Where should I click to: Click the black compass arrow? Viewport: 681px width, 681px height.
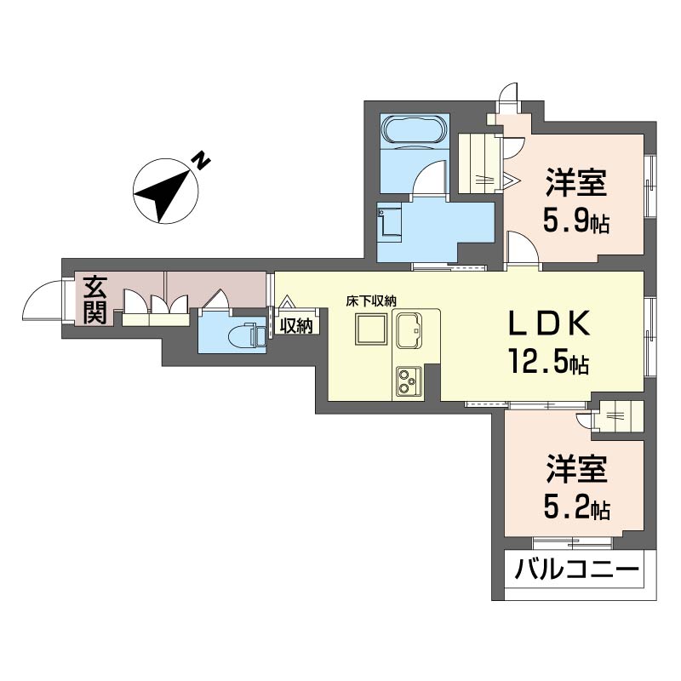164,192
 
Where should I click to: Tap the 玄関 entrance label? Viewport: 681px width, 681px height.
94,300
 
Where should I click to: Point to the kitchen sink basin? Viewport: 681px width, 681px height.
409,330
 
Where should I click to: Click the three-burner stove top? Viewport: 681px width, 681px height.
409,381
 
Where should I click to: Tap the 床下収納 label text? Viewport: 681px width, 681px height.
371,301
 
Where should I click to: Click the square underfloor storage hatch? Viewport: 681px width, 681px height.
370,329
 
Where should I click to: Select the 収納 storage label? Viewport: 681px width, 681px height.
296,325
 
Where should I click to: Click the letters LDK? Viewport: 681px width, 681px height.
549,323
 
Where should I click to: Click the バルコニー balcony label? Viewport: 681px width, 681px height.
576,569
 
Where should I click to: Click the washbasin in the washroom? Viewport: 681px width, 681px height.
390,223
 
